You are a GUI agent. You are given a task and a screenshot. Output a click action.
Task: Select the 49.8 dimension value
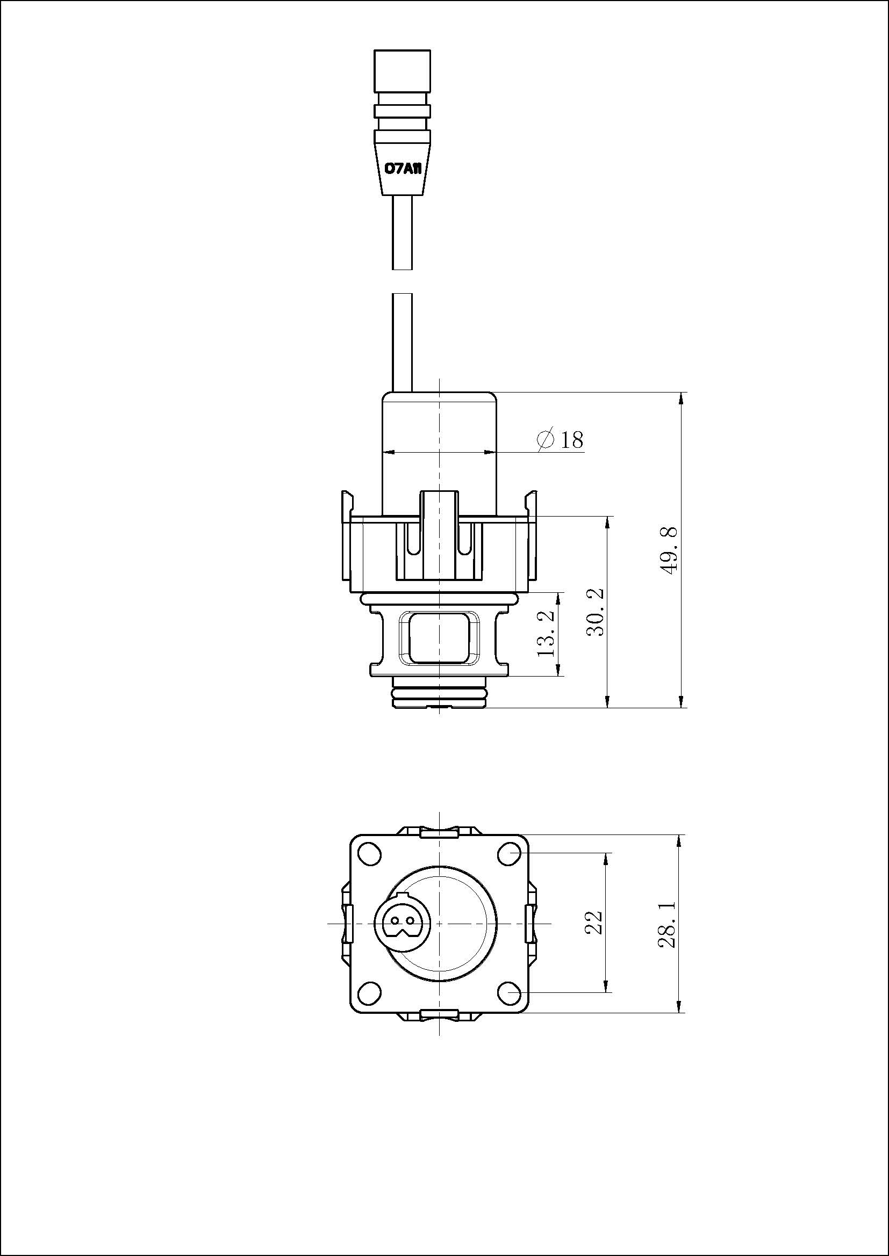pyautogui.click(x=669, y=550)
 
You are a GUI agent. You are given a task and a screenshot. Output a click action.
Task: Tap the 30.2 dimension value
pyautogui.click(x=595, y=612)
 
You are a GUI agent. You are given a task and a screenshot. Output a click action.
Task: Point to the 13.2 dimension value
pyautogui.click(x=546, y=634)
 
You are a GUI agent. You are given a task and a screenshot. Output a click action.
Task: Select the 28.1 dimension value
pyautogui.click(x=668, y=925)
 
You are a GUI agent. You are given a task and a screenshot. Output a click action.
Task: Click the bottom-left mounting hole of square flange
pyautogui.click(x=369, y=991)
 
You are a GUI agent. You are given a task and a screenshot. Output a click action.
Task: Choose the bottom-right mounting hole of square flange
pyautogui.click(x=509, y=991)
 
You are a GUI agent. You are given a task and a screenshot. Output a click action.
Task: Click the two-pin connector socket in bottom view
pyautogui.click(x=403, y=924)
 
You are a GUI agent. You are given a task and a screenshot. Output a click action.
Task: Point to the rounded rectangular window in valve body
pyautogui.click(x=440, y=637)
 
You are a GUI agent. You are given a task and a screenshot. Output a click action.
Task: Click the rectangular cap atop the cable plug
pyautogui.click(x=403, y=70)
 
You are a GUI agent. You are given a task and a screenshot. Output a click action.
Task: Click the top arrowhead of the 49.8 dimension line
pyautogui.click(x=681, y=399)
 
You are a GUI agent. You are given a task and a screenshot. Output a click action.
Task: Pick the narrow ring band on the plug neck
pyautogui.click(x=403, y=112)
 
